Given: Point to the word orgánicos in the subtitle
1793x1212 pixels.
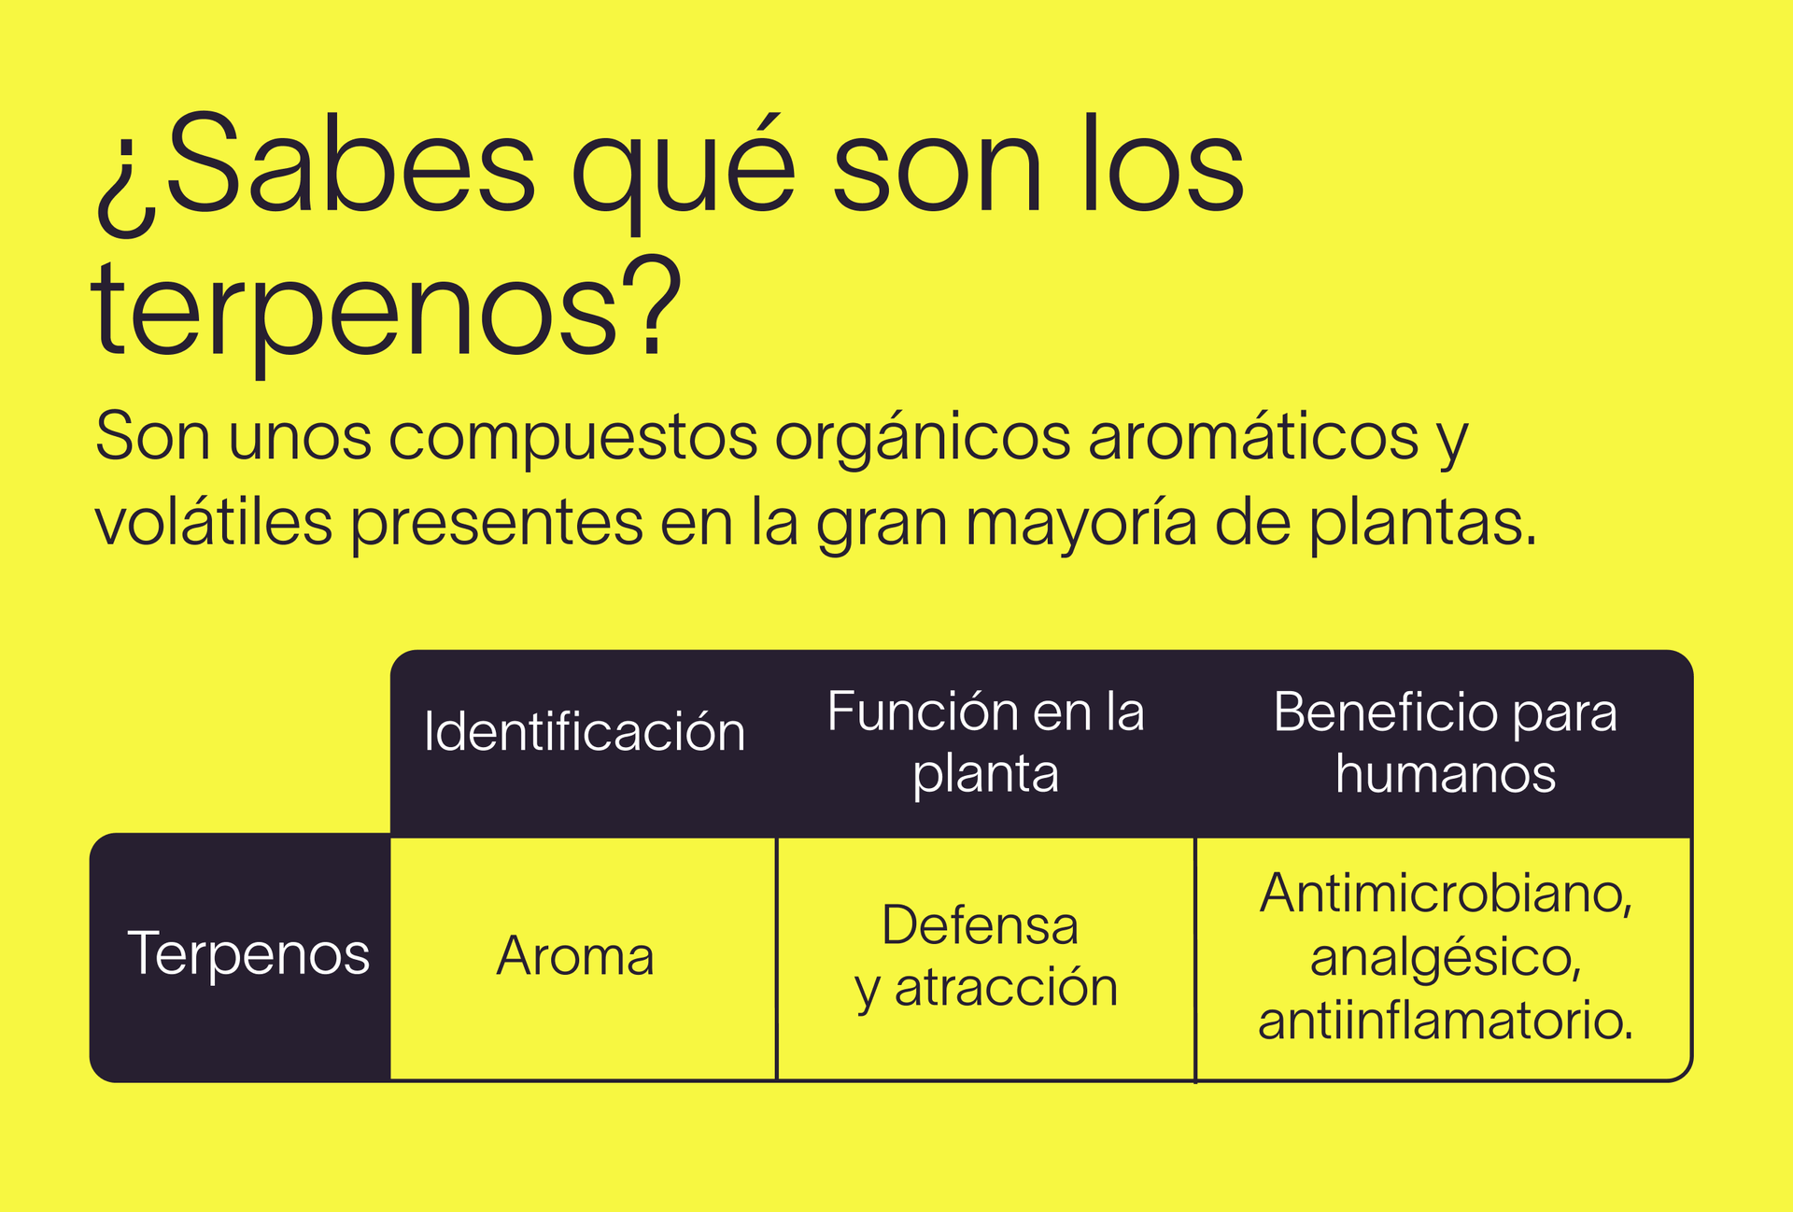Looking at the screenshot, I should pos(923,437).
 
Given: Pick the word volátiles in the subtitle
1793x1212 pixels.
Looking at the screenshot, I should pos(214,523).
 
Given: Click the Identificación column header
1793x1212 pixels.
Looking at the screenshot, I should pos(585,731).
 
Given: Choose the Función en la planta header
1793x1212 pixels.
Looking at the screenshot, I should pos(985,742).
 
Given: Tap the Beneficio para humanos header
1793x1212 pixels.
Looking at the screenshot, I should pos(1445,742).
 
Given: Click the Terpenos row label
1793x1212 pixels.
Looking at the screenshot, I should pos(248,954).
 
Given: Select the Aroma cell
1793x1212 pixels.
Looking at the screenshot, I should pos(575,956).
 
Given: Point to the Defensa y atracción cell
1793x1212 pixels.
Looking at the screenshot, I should pos(985,956).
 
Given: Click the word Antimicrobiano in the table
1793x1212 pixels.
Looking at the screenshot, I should pos(1445,894).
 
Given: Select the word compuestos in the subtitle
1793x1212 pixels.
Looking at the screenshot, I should pos(572,437).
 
